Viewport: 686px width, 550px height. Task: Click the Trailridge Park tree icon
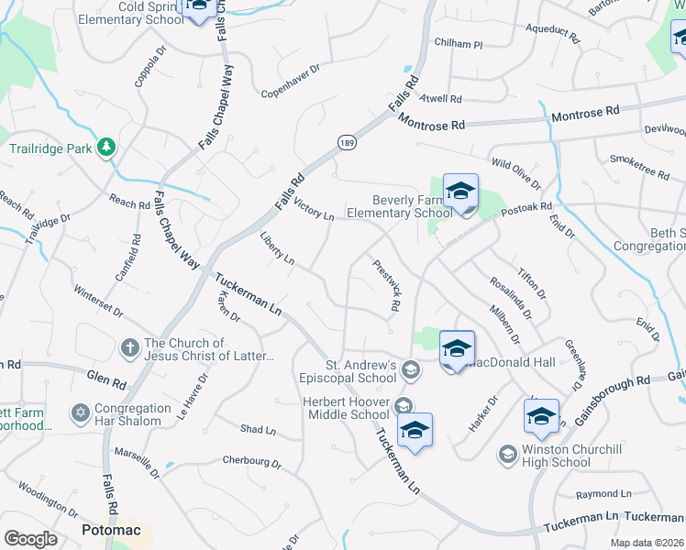[107, 147]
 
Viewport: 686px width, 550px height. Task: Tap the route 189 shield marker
[346, 142]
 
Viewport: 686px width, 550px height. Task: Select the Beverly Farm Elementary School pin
[460, 192]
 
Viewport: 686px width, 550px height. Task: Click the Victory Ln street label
[314, 210]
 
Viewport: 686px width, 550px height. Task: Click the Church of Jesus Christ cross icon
[130, 348]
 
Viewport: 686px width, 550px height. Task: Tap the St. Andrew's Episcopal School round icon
[411, 370]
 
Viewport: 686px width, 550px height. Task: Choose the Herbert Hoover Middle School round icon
[401, 404]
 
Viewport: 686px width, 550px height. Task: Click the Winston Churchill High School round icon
[507, 454]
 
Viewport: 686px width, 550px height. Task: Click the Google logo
[30, 539]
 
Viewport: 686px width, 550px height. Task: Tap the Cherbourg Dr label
[251, 464]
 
